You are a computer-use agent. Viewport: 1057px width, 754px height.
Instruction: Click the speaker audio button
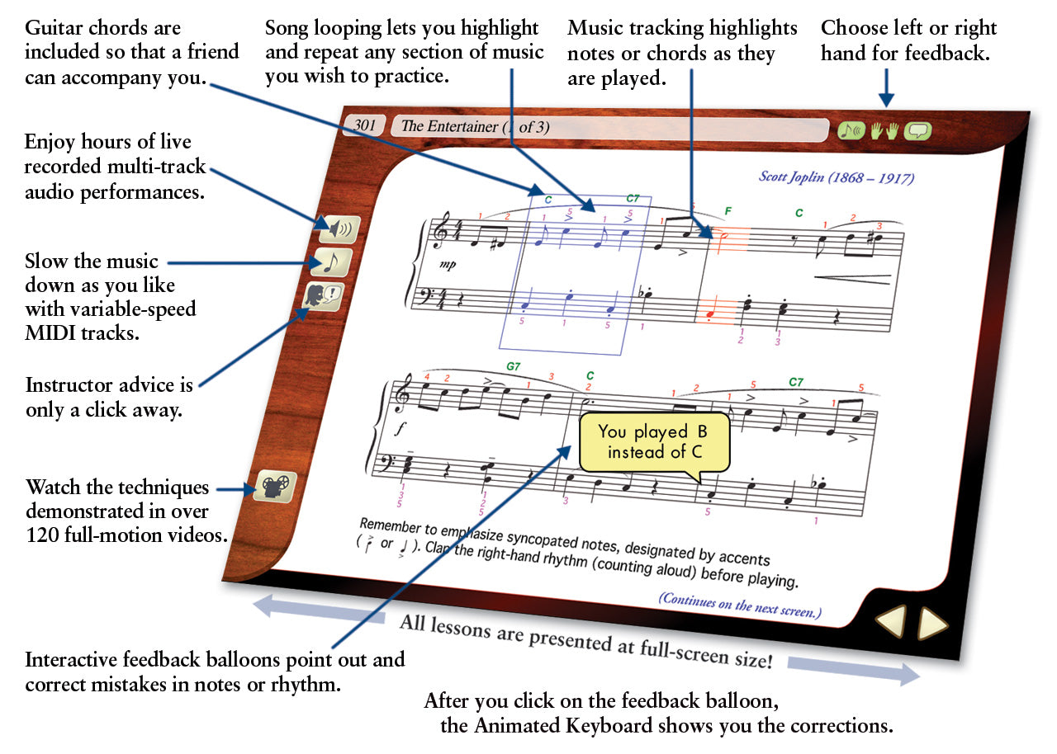coord(340,229)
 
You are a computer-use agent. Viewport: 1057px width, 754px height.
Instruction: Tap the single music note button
coord(332,262)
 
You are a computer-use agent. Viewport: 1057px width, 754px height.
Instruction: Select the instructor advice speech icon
coord(324,296)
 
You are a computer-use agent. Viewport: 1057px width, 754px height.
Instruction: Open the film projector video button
coord(275,487)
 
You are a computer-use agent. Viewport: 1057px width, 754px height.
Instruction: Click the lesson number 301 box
coord(364,125)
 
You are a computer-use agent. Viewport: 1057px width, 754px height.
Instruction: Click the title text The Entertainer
coord(449,126)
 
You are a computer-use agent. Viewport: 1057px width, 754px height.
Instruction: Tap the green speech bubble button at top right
coord(917,131)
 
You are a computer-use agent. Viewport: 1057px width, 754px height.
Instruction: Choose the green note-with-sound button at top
coord(851,130)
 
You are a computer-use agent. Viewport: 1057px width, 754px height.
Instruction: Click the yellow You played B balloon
coord(655,442)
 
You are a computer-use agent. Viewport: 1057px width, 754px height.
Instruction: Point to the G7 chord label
coord(513,366)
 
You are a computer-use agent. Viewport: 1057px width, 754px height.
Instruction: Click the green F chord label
coord(728,211)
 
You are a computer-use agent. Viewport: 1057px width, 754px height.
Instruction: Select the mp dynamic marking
coord(448,264)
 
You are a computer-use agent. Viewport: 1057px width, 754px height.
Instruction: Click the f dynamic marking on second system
coord(401,428)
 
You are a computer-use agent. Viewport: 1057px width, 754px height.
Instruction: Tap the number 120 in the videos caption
coord(42,535)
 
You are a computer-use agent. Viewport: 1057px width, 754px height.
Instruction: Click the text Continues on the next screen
coord(740,605)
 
